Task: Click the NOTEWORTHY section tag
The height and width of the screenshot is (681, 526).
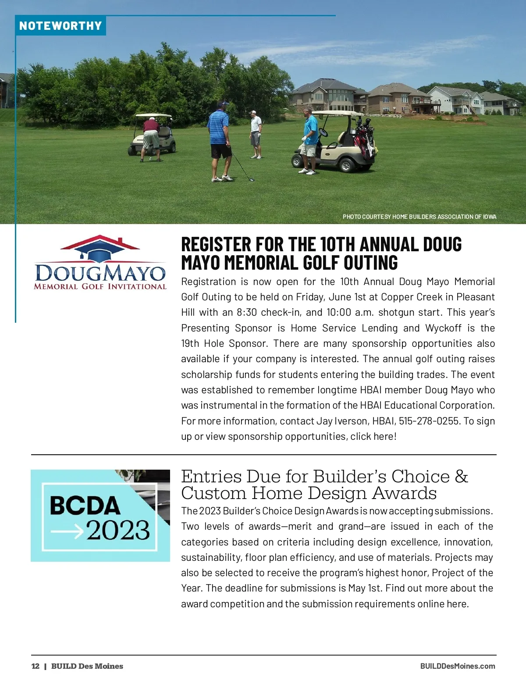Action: [60, 26]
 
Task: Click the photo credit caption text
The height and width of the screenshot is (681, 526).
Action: [419, 217]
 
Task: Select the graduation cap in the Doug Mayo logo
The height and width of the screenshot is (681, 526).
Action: [100, 253]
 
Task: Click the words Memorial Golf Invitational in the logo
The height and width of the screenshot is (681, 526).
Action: [100, 287]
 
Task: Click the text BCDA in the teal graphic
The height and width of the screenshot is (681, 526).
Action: [85, 506]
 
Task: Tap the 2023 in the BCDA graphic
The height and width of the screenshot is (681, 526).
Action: [118, 531]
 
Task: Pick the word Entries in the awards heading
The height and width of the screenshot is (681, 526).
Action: [211, 477]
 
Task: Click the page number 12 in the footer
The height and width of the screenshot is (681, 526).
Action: [36, 666]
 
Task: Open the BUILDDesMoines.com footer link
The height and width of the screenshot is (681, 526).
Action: [457, 666]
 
